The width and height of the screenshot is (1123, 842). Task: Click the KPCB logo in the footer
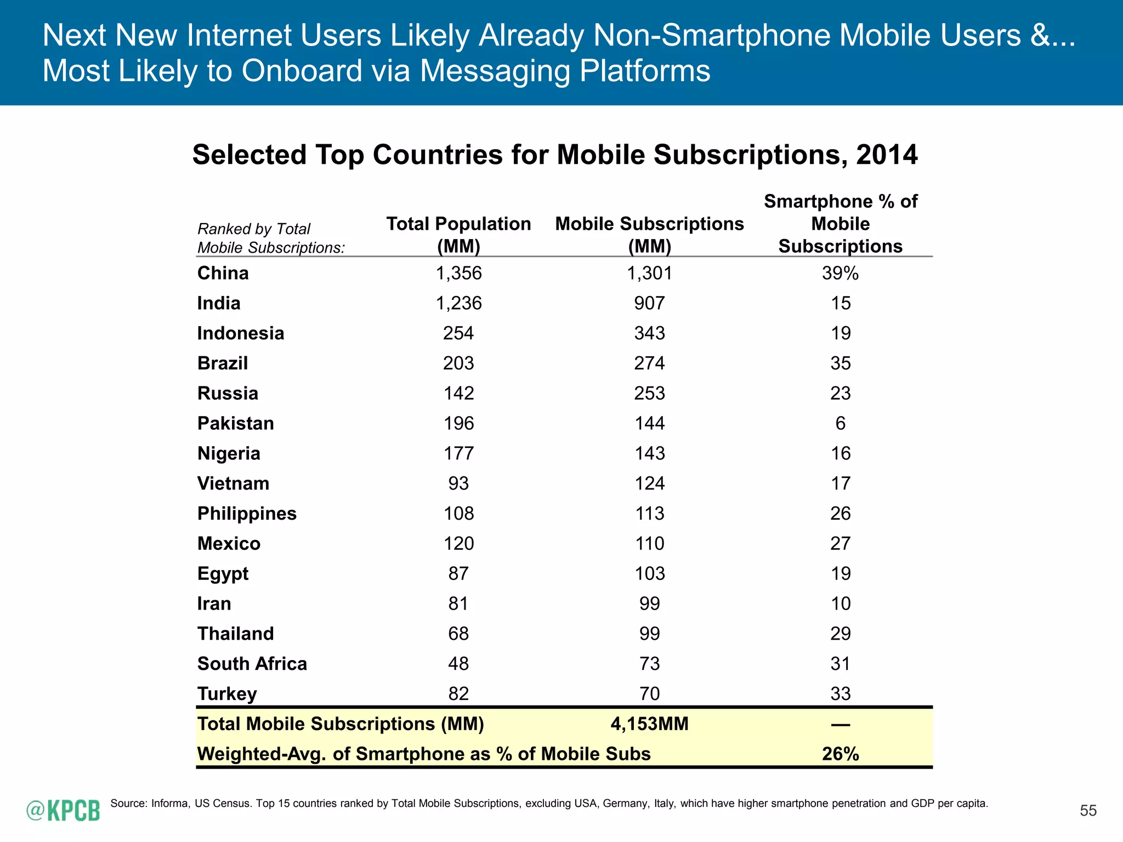pos(64,810)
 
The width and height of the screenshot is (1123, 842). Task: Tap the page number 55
pos(1088,811)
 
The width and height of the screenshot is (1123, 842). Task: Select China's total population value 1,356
pos(458,273)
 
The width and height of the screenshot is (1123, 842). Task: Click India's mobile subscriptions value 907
pos(649,303)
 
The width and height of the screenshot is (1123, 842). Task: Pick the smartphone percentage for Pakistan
pos(840,423)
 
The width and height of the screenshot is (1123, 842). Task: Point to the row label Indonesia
pos(241,333)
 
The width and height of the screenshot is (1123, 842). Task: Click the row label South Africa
pos(252,664)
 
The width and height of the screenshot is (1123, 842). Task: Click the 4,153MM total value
pos(649,724)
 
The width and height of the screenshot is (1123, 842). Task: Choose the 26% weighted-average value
pos(840,754)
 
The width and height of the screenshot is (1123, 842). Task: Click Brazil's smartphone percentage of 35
pos(840,363)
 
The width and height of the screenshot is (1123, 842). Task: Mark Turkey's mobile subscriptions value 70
pos(649,694)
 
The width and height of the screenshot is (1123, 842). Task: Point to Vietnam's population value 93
pos(458,483)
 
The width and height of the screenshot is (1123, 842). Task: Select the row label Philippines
pos(247,514)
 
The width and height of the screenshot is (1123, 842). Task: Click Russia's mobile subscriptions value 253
pos(649,394)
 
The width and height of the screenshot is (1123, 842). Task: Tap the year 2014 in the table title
pos(887,155)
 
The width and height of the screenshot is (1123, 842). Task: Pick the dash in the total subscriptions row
pos(840,725)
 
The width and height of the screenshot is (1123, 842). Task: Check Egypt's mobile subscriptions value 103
pos(649,574)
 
